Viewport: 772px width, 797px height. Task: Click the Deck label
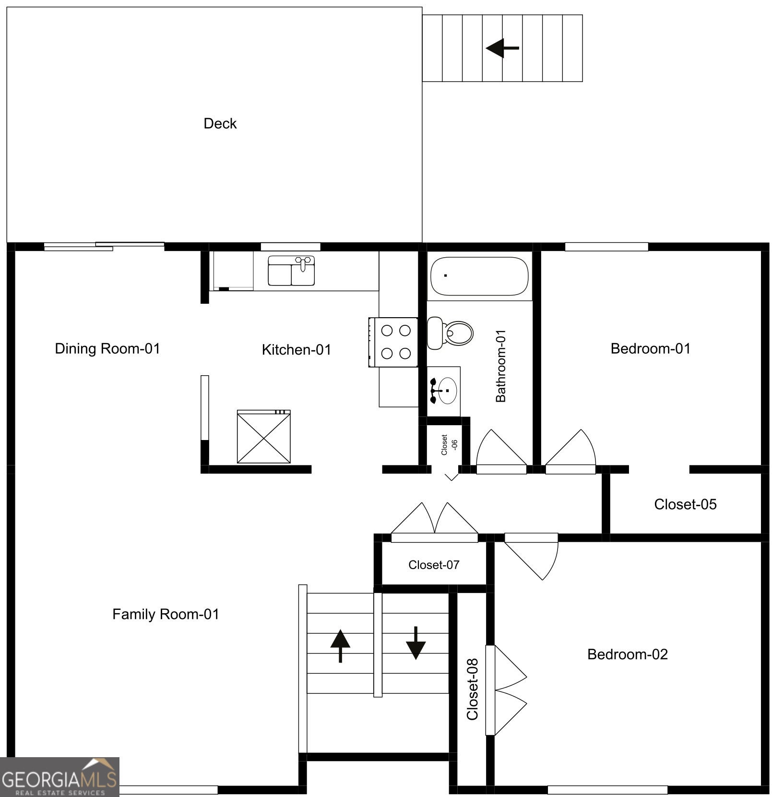coord(220,124)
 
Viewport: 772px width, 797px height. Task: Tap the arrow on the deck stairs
coord(502,48)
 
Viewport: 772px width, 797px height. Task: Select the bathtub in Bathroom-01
coord(479,276)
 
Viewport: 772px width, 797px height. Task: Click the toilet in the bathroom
coord(450,333)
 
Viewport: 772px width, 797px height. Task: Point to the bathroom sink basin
coord(447,391)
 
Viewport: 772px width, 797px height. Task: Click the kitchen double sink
coord(291,271)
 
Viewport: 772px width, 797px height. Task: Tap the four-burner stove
coord(393,342)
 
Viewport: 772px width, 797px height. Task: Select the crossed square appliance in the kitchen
coord(264,436)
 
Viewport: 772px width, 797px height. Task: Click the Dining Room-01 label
coord(107,348)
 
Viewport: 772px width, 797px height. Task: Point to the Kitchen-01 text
coord(297,350)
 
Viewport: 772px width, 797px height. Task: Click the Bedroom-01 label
coord(651,348)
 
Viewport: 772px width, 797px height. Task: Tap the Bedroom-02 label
coord(628,654)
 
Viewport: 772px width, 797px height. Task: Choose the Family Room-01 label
coord(166,614)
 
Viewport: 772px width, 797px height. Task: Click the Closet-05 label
coord(685,504)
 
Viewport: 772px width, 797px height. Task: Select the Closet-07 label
coord(434,565)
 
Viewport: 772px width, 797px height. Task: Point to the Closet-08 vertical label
coord(473,689)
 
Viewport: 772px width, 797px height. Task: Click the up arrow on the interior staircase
coord(340,646)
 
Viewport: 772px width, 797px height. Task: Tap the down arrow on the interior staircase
coord(416,643)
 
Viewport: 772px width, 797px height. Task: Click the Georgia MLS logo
coord(59,777)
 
